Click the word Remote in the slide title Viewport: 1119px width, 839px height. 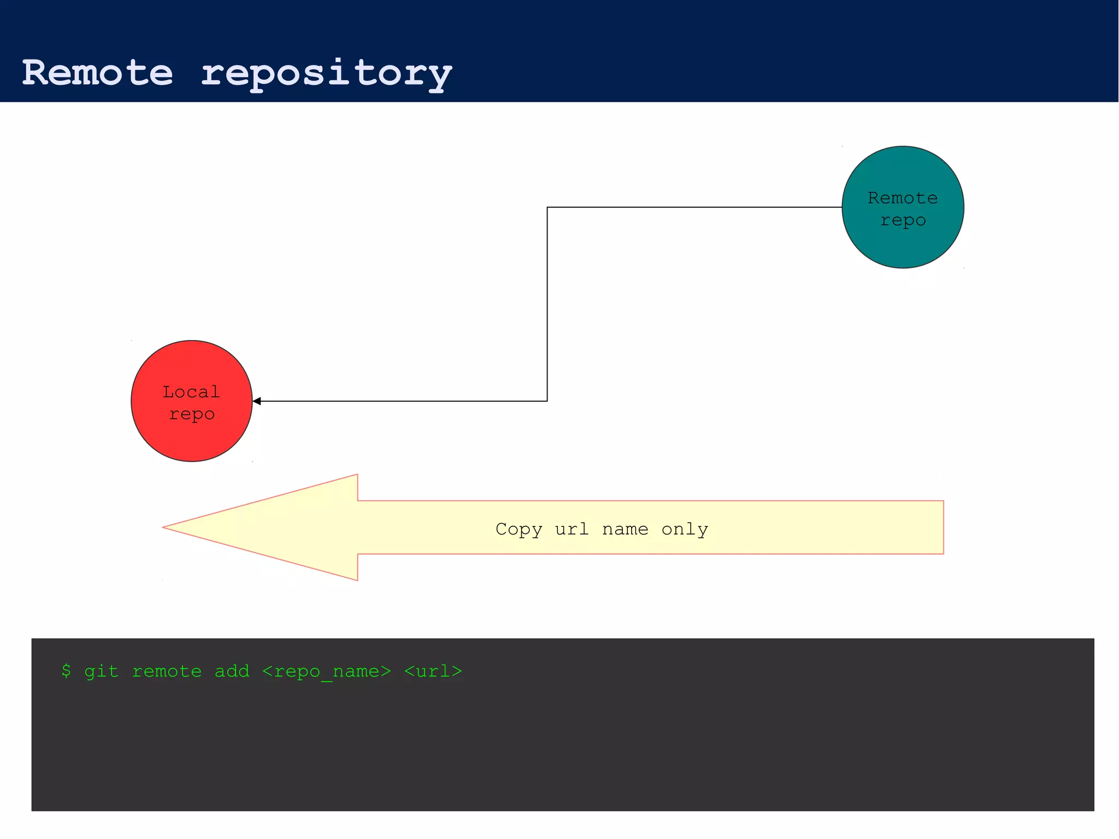coord(97,73)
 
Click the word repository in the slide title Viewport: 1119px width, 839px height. coord(326,74)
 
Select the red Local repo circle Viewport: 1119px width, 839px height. coord(191,437)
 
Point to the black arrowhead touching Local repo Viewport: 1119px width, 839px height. coord(257,401)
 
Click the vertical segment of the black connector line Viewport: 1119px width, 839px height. coord(547,304)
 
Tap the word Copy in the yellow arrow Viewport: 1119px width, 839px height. coord(519,529)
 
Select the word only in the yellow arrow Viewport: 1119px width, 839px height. coord(684,529)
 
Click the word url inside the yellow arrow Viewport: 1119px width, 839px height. coord(572,529)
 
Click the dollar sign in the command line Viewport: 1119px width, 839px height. coord(66,671)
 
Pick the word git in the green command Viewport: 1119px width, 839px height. coord(101,671)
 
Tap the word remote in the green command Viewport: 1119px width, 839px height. coord(167,671)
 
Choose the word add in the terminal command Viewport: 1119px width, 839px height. coord(232,671)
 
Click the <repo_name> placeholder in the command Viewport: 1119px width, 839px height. coord(326,671)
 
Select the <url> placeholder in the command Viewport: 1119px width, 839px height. coord(433,671)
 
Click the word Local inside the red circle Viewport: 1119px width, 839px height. coord(191,392)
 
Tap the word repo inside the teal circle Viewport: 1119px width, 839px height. coord(903,220)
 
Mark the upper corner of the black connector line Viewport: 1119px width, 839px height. coord(547,207)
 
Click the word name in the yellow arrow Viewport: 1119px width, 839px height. coord(625,529)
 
